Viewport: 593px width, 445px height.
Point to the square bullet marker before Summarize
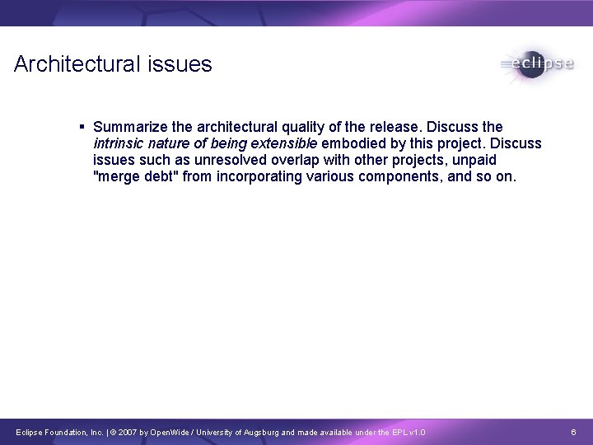(83, 127)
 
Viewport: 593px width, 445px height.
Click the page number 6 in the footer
(575, 432)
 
